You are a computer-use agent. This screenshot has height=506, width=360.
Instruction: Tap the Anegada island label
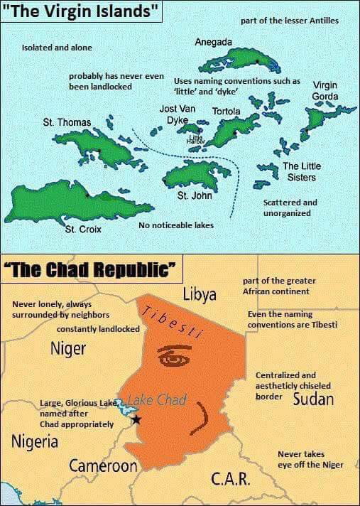pos(213,43)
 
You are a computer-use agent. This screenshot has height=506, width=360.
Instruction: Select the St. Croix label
pos(83,230)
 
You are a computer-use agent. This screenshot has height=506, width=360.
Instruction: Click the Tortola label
pos(227,112)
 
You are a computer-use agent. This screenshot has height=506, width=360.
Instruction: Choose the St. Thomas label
pos(67,122)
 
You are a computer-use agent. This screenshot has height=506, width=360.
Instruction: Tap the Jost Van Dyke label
pos(177,114)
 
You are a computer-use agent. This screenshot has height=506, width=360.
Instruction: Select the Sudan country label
pos(313,397)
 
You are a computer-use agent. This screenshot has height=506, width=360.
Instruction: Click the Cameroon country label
pos(103,466)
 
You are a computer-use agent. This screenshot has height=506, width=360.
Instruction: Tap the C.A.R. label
pos(231,479)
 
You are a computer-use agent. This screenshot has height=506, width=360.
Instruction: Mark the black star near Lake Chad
pos(136,419)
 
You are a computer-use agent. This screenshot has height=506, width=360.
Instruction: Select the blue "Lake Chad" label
pos(157,399)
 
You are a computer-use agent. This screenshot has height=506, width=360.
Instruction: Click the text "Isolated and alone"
pos(57,47)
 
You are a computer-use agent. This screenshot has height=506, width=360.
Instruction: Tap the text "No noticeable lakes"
pos(176,225)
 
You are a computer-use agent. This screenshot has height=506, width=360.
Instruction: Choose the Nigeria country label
pos(34,441)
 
